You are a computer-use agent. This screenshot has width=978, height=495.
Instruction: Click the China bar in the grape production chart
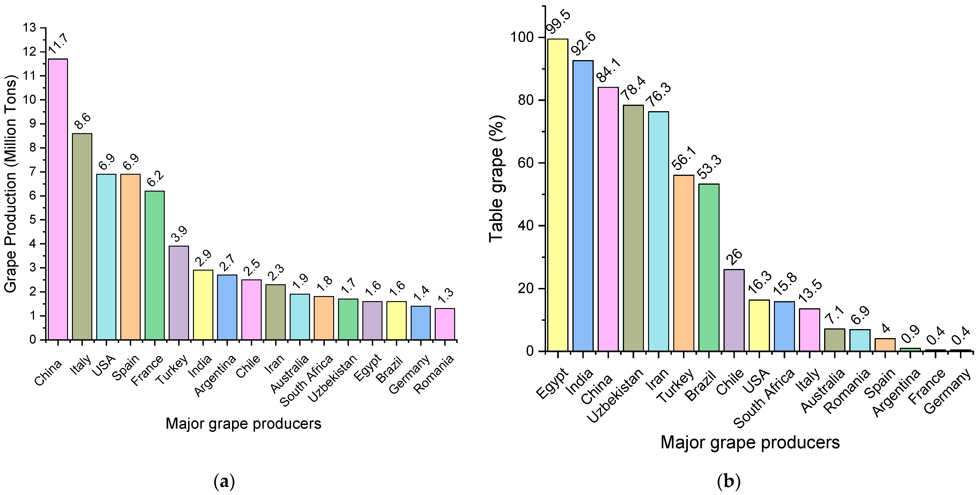(58, 199)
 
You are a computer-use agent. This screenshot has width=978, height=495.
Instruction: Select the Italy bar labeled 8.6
(82, 236)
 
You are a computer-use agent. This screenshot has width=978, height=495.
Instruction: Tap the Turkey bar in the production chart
(179, 293)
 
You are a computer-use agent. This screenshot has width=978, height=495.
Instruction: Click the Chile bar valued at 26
(734, 310)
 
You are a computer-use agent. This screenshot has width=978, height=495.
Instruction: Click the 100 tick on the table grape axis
(522, 37)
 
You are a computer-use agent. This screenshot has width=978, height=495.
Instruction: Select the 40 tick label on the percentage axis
(526, 226)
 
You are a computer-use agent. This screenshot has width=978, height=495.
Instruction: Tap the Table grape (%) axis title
(497, 178)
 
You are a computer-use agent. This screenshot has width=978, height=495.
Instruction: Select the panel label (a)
(225, 482)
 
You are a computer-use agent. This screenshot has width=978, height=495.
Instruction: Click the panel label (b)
(729, 482)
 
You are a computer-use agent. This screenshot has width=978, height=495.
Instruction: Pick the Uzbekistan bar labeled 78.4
(633, 228)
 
